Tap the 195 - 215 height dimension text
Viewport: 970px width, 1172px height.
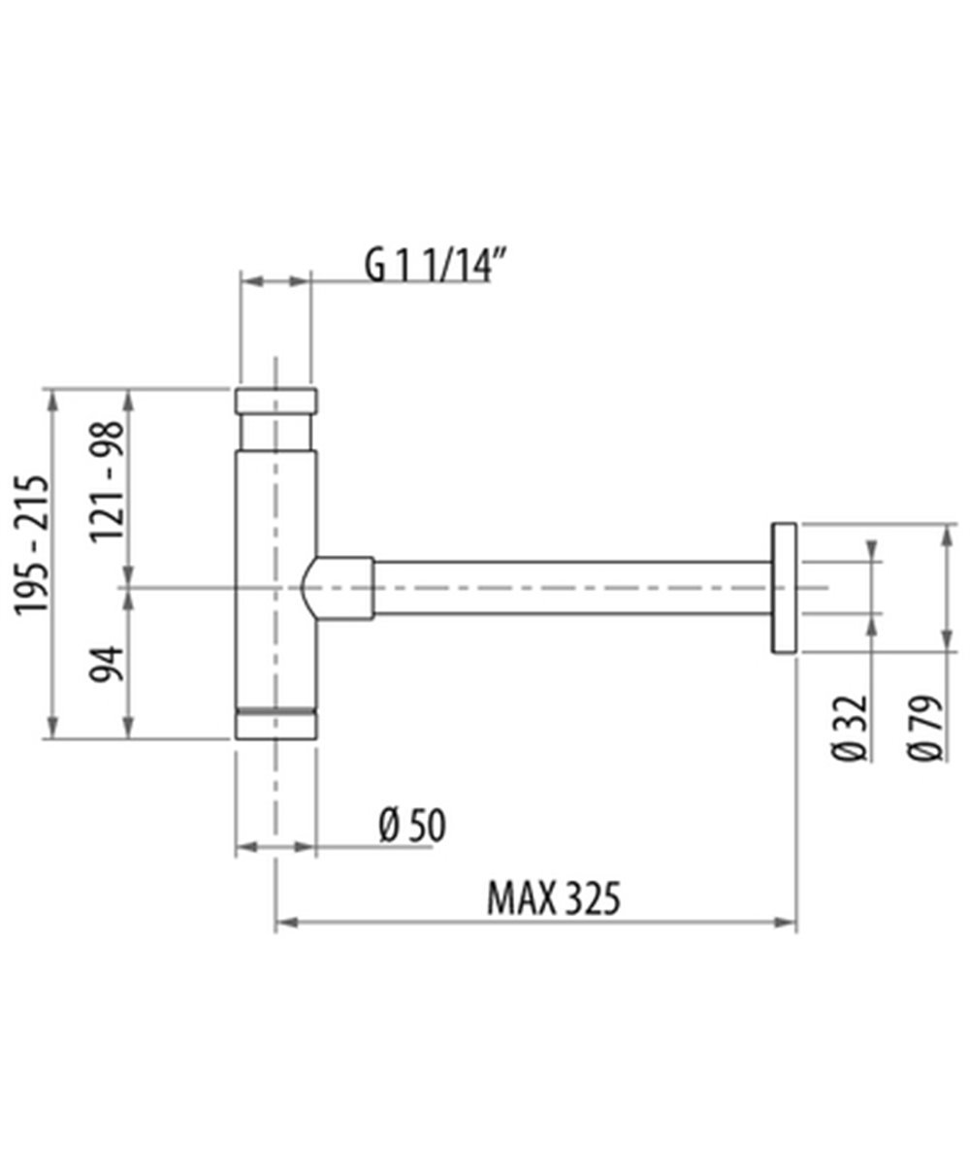31,545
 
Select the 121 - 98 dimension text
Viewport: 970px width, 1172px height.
106,481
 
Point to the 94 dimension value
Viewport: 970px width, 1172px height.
106,664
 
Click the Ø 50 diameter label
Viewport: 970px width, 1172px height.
412,826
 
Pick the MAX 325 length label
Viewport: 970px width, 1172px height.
554,898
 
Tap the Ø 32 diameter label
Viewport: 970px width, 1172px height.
850,728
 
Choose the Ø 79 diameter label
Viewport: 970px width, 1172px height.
925,728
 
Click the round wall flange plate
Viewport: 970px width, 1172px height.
784,588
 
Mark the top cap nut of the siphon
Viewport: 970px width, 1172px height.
275,401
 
